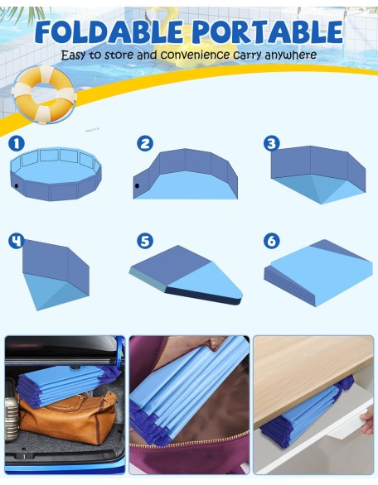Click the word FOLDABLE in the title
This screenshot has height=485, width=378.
(109, 31)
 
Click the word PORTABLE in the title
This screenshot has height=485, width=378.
(268, 31)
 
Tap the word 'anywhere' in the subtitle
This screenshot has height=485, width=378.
(291, 55)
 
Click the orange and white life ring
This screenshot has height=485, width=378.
(43, 94)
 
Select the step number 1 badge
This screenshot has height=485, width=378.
(17, 143)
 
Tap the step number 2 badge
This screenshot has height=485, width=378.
(145, 143)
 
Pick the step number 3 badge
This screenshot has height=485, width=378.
(272, 143)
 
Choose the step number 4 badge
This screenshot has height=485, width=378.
(17, 241)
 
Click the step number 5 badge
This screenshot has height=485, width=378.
(145, 241)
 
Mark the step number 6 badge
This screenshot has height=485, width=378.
(272, 241)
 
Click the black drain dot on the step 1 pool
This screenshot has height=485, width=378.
(16, 186)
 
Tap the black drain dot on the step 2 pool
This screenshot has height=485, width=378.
(137, 186)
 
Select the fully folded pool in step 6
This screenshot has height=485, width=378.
(318, 273)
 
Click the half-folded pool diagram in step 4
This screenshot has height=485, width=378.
(56, 275)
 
